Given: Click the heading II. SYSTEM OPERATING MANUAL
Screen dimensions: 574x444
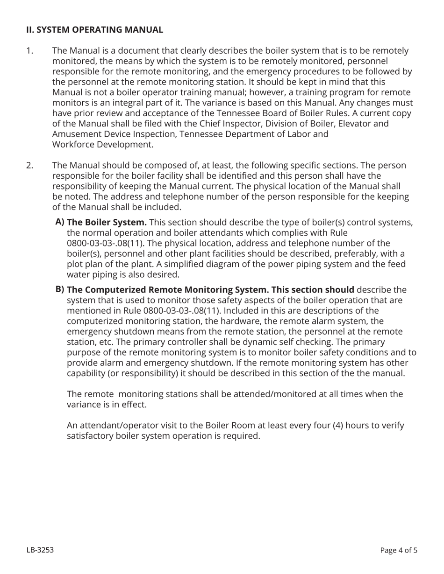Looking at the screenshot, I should point(94,30).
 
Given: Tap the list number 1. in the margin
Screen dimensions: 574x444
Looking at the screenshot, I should point(29,50).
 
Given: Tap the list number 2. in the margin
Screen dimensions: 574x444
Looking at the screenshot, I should point(30,165).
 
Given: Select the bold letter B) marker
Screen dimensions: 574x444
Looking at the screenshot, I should point(60,289).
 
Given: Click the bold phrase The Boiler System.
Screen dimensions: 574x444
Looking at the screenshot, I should point(107,222).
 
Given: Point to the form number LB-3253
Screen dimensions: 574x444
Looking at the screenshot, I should point(40,550).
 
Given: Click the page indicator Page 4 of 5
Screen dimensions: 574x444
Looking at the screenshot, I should point(399,550).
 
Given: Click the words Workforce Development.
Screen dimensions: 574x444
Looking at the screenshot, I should point(102,144).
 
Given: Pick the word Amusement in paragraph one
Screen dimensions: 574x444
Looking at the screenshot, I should point(75,134).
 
